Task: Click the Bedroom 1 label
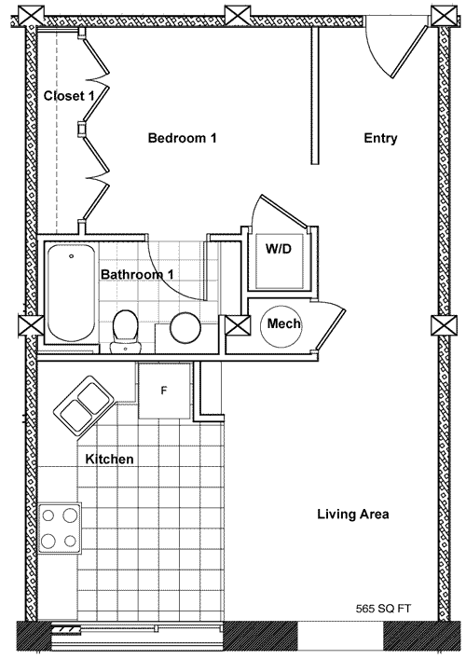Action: point(183,138)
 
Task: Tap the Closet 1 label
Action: point(69,96)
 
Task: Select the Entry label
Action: point(380,138)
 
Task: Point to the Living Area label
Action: point(353,514)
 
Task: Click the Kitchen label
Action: point(109,459)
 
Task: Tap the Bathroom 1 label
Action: point(137,274)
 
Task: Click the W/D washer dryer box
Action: point(279,261)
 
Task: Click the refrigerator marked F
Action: point(164,391)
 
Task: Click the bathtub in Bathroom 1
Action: point(71,293)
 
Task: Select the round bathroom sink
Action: point(185,328)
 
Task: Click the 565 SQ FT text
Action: point(383,608)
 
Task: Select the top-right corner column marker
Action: point(444,17)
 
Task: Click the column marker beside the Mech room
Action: point(237,325)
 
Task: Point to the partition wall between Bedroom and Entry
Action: point(315,96)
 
